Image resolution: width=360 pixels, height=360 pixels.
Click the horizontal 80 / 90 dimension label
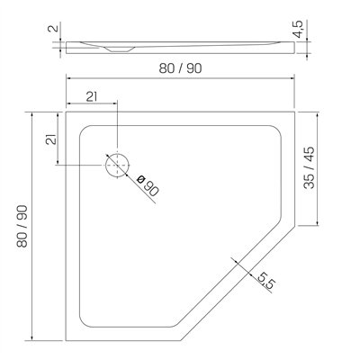click(180, 68)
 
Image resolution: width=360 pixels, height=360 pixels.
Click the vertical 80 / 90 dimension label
click(22, 227)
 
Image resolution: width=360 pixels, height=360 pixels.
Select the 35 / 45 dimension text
click(309, 167)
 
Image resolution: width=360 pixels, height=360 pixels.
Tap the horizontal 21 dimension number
click(92, 96)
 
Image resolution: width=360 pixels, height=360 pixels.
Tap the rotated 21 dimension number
click(51, 139)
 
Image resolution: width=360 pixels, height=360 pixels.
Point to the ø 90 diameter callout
click(148, 186)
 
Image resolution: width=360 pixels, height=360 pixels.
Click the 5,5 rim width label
click(266, 281)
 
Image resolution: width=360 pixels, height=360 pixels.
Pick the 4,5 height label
click(299, 29)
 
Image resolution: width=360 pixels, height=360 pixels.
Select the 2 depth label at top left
click(53, 29)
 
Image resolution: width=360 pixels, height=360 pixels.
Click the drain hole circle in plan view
click(117, 166)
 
